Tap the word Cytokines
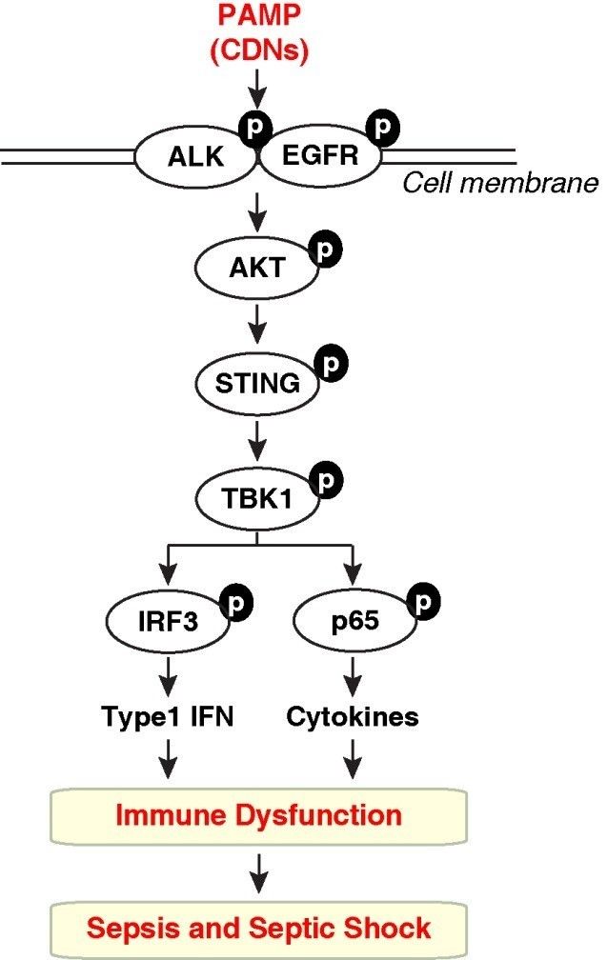tap(353, 716)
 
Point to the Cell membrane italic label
tap(500, 182)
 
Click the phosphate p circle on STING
tap(331, 363)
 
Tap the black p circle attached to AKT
tap(325, 248)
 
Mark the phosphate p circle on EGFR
tap(384, 128)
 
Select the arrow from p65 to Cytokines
tap(352, 678)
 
